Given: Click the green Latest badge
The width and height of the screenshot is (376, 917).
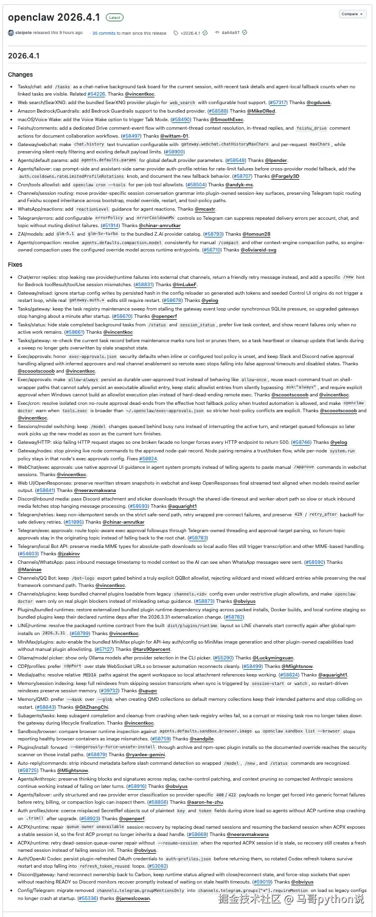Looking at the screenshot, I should pyautogui.click(x=114, y=18).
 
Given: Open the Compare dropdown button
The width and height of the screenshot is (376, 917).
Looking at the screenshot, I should pyautogui.click(x=352, y=13).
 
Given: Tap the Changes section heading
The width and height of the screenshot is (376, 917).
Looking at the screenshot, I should pyautogui.click(x=21, y=75).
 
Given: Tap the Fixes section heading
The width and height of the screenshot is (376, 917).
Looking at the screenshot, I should pyautogui.click(x=15, y=264).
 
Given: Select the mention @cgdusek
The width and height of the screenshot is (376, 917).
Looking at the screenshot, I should pyautogui.click(x=319, y=103).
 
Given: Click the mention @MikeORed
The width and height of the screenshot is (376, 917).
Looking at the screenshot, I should pyautogui.click(x=261, y=111).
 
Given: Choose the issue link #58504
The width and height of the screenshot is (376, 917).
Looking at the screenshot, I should pyautogui.click(x=179, y=183).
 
